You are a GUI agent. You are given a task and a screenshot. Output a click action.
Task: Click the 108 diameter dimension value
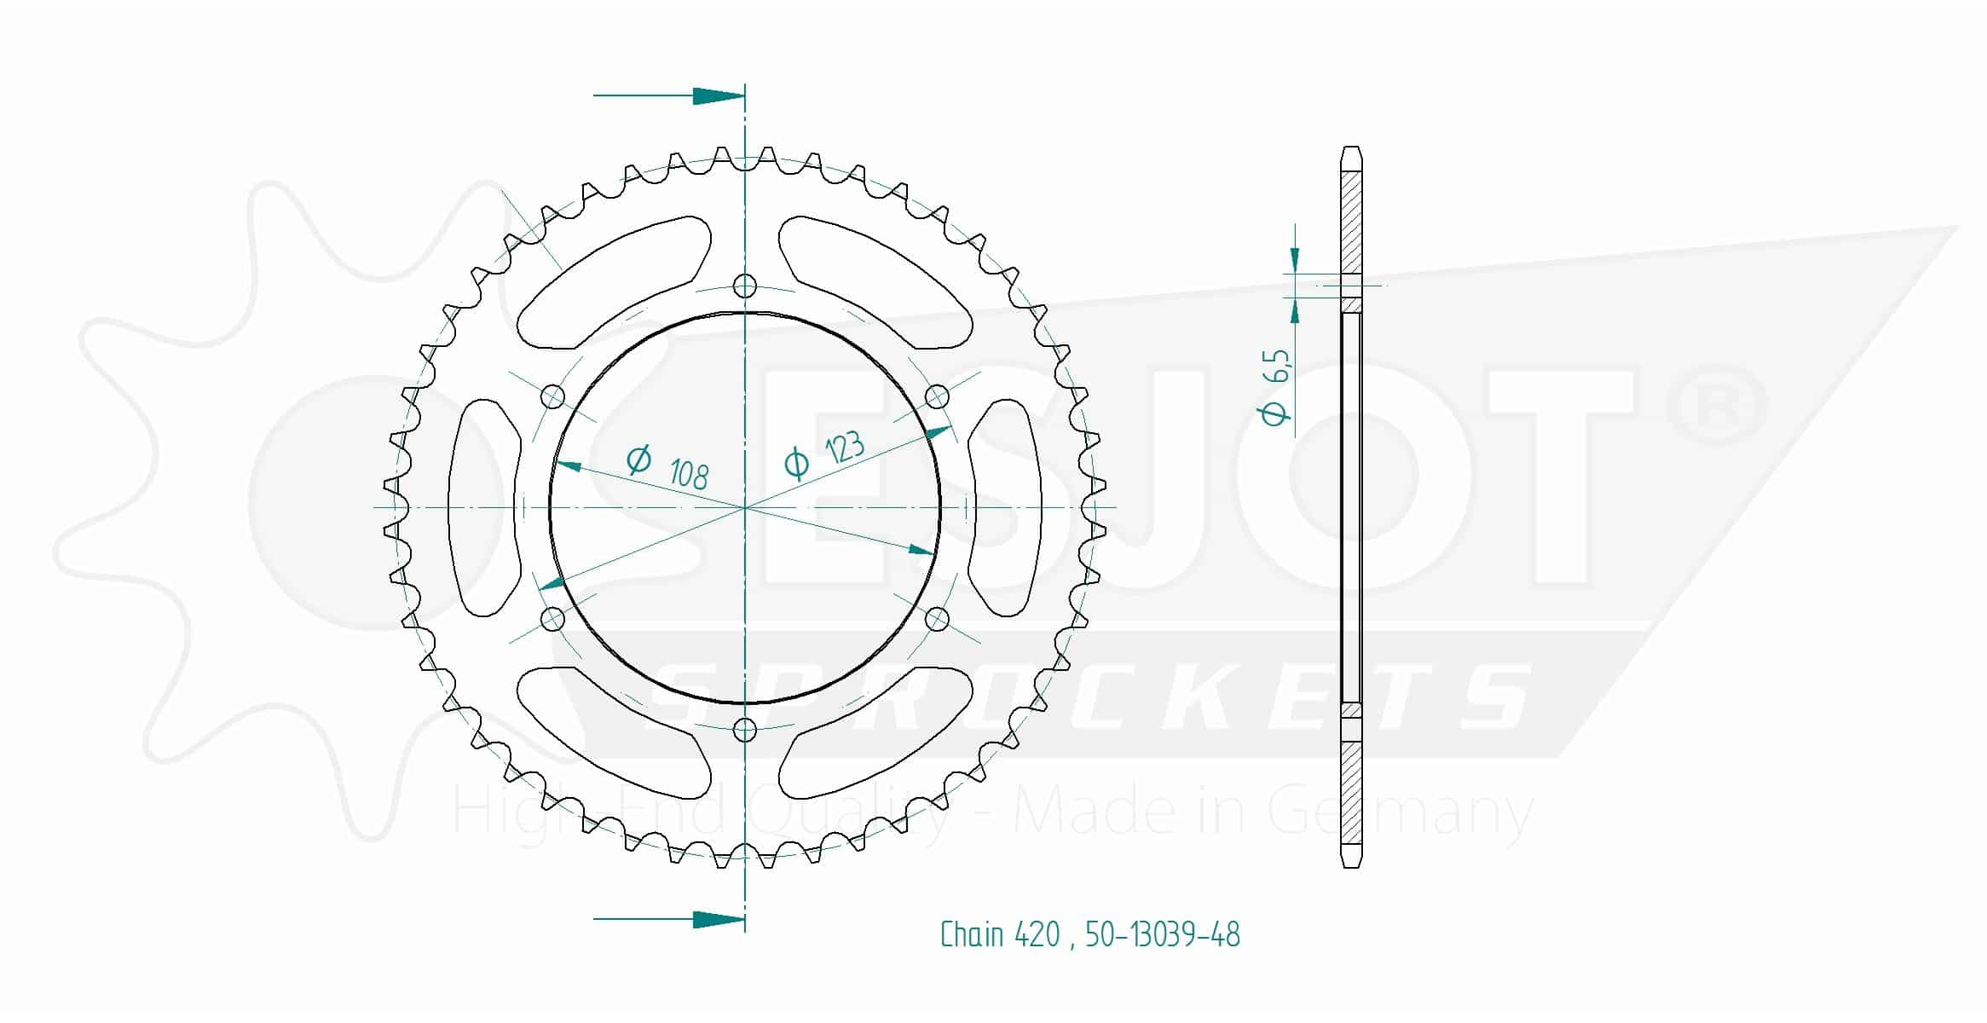(689, 474)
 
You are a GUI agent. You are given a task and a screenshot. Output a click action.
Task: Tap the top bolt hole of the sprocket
(745, 286)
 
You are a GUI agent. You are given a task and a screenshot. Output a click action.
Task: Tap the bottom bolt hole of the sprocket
(745, 730)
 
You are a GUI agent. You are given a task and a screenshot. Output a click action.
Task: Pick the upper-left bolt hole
(553, 396)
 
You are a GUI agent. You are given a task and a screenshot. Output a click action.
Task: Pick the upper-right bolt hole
(937, 396)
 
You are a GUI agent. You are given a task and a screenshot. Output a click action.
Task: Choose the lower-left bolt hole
(553, 618)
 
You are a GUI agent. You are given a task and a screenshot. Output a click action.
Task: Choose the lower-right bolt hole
(937, 618)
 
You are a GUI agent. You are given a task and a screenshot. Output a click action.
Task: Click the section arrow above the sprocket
(669, 95)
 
